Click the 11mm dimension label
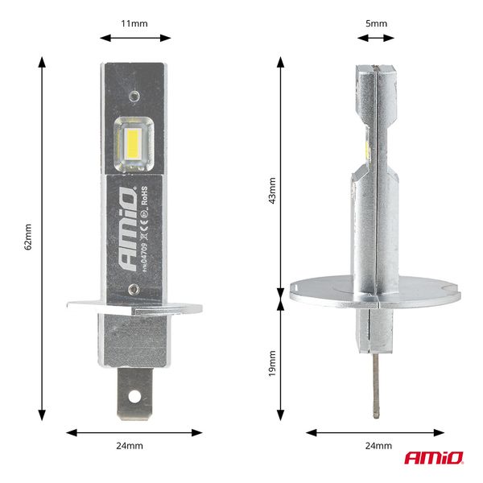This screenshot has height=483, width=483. (134, 23)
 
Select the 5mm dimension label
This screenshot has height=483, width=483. (376, 23)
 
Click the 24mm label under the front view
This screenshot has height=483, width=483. (134, 445)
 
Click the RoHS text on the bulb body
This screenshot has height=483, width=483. (143, 198)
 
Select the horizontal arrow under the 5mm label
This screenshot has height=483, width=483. (376, 37)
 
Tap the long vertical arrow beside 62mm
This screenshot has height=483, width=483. (42, 238)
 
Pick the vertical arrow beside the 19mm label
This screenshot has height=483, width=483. (281, 360)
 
